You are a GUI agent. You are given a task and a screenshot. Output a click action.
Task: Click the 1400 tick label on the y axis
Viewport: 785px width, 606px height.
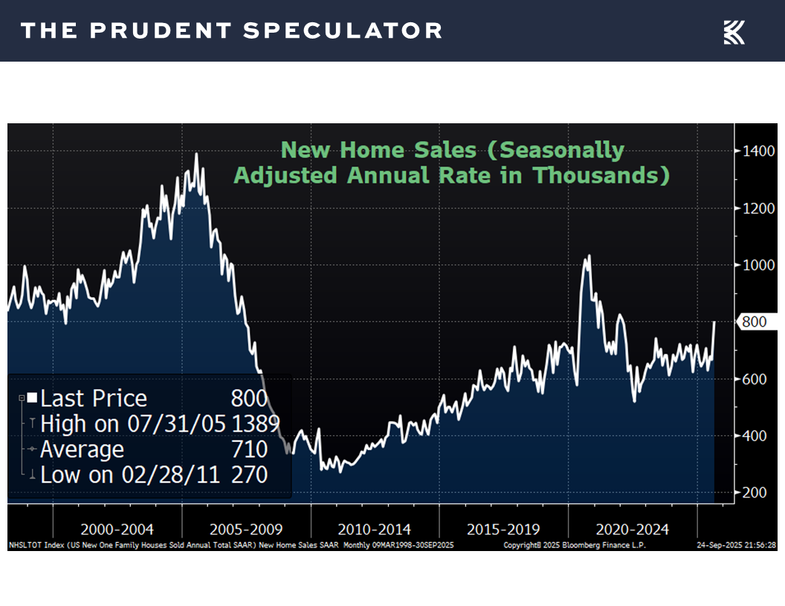tap(758, 151)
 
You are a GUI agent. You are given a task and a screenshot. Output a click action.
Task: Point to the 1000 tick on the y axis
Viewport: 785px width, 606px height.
tap(758, 265)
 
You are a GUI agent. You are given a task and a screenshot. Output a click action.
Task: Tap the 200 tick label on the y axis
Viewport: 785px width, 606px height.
tap(755, 492)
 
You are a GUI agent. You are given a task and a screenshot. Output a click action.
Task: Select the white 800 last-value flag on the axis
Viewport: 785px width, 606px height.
tap(755, 322)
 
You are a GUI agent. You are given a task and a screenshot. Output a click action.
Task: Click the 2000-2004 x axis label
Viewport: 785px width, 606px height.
tap(117, 530)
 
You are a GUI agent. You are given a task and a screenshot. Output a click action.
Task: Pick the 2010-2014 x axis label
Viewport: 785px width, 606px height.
tap(375, 530)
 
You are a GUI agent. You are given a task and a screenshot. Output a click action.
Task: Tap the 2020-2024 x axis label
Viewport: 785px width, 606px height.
tap(632, 530)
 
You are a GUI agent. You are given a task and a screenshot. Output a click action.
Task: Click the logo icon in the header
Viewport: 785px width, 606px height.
tap(734, 32)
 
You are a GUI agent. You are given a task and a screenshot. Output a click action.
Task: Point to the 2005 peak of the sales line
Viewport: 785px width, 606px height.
tap(196, 154)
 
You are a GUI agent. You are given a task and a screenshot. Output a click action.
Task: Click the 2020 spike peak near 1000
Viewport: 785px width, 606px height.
tap(589, 256)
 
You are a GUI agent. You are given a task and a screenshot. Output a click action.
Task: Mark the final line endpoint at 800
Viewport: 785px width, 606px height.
tap(714, 322)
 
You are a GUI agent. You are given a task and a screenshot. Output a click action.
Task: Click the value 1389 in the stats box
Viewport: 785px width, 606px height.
tap(255, 424)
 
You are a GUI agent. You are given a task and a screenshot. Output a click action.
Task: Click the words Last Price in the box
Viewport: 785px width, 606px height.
tap(94, 399)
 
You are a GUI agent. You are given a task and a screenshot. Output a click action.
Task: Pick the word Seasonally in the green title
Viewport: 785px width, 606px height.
tap(562, 150)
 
